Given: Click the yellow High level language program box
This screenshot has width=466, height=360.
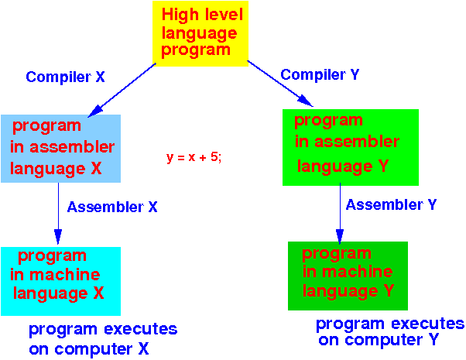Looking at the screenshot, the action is (200, 33).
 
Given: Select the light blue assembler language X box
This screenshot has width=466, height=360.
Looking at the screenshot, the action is (60, 149).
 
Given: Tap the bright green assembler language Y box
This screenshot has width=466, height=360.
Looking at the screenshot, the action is (351, 147).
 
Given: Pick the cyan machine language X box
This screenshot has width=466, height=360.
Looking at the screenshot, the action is (60, 281).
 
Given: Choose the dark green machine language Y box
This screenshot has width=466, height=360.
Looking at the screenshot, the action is (348, 276).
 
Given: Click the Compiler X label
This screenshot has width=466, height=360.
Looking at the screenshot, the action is (65, 77).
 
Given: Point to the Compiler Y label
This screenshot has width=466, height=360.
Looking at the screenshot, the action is (320, 74).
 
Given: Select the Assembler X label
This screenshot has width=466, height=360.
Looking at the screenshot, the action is (112, 207).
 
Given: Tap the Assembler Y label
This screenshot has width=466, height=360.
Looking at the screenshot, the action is (391, 204).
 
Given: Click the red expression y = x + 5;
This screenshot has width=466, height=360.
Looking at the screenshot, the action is (194, 157).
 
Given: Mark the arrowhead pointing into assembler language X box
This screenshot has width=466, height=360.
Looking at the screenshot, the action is (95, 111).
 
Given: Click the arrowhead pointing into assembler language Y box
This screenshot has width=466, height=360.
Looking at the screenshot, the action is (305, 101).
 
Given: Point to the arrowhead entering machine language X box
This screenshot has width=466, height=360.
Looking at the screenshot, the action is (58, 237).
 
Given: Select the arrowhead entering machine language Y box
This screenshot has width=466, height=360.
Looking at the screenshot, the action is (340, 237).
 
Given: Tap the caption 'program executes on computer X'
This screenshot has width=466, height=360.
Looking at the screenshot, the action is (103, 339).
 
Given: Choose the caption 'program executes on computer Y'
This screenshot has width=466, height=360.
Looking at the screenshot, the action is (390, 332).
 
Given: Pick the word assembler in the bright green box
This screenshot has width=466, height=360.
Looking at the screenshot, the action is (357, 142).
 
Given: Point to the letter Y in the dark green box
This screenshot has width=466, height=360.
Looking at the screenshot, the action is (389, 290).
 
